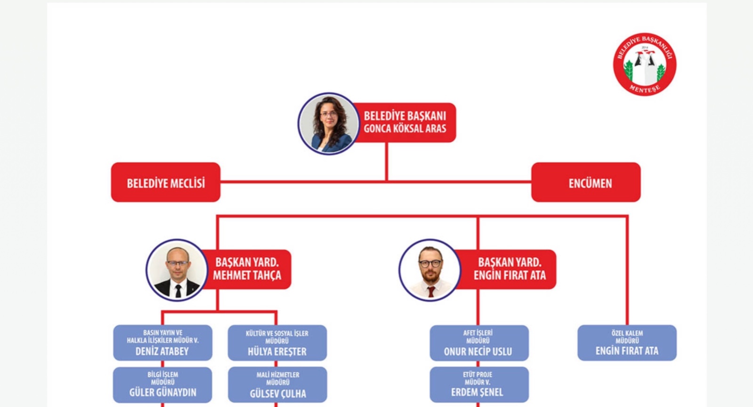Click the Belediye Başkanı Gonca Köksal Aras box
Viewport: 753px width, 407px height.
(x=405, y=122)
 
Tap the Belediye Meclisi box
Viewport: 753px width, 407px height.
(x=166, y=183)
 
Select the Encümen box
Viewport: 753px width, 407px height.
(x=586, y=183)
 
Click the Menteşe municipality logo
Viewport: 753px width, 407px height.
(x=644, y=64)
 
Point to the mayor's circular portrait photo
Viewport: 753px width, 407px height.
(x=328, y=124)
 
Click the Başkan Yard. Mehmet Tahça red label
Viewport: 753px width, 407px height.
(x=248, y=269)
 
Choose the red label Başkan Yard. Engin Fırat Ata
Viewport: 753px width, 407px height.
(x=510, y=269)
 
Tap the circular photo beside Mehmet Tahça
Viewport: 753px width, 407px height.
(x=177, y=270)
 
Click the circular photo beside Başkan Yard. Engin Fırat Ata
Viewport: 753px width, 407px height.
(x=429, y=270)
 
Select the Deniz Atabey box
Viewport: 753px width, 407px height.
(x=162, y=343)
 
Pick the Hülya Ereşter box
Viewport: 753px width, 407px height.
(x=277, y=343)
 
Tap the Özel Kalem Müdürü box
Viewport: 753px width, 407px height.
(x=627, y=343)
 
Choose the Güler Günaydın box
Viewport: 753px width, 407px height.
(x=162, y=385)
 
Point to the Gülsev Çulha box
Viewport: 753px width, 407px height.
(x=277, y=385)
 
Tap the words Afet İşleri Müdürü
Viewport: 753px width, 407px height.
(x=478, y=336)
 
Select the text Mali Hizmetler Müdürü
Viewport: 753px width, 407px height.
(x=278, y=378)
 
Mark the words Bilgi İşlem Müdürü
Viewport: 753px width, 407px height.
(x=163, y=378)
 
